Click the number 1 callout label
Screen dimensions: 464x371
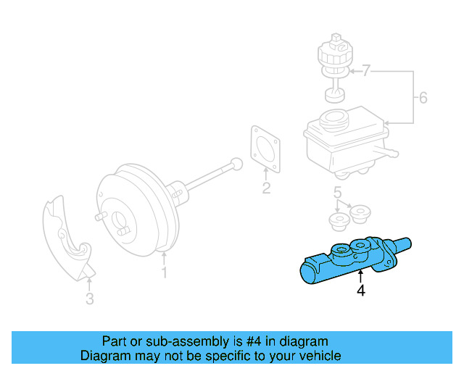pyautogui.click(x=165, y=273)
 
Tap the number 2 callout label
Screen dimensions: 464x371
pyautogui.click(x=266, y=189)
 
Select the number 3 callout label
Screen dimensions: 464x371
pyautogui.click(x=89, y=299)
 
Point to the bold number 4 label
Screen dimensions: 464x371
pyautogui.click(x=360, y=291)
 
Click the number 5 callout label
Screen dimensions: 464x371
pyautogui.click(x=337, y=192)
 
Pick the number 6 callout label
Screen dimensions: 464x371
pyautogui.click(x=424, y=98)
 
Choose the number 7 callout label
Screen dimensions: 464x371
pyautogui.click(x=366, y=71)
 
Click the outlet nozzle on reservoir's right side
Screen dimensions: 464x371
pyautogui.click(x=389, y=154)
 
